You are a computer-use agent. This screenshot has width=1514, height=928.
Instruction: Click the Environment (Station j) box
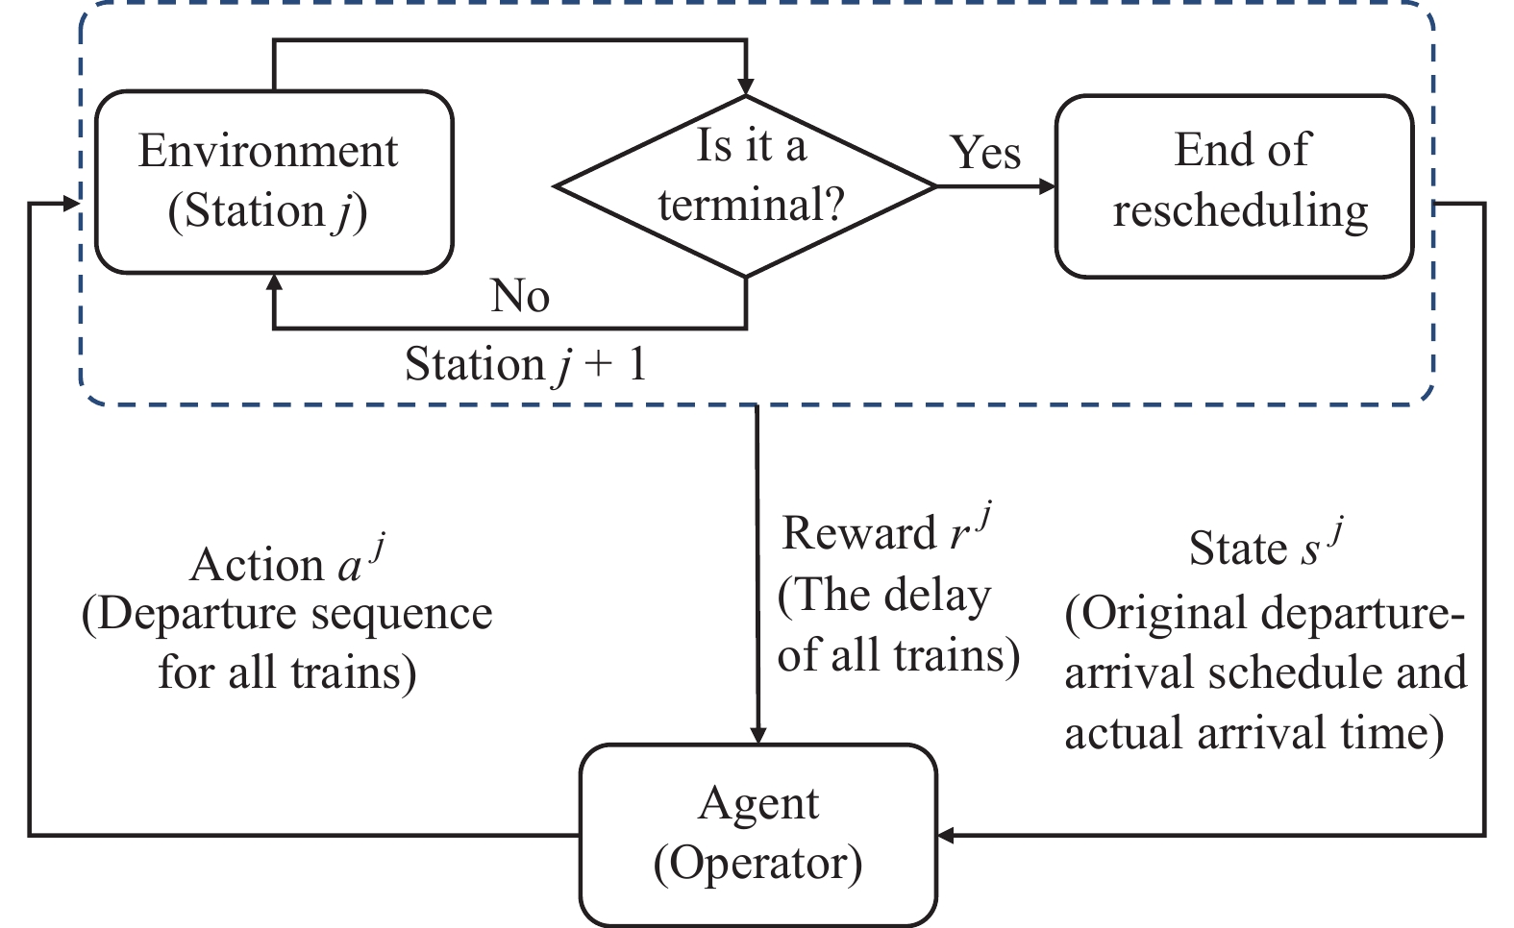(x=273, y=183)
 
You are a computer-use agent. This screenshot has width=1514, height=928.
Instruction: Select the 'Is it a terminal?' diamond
(x=746, y=185)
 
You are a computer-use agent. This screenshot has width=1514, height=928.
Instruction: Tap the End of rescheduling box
(x=1234, y=185)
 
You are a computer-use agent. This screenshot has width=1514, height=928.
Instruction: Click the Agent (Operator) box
(x=757, y=834)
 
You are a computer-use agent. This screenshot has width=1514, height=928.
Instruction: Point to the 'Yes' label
(x=985, y=153)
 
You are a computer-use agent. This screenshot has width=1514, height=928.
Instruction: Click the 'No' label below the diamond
(x=520, y=296)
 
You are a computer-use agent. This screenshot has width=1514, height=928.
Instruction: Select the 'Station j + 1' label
(x=525, y=365)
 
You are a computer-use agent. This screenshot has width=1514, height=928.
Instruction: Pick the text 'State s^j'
(x=1263, y=548)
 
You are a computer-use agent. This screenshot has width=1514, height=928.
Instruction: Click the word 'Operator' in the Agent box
(x=757, y=864)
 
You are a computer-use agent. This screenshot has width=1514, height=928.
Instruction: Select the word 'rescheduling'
(x=1240, y=211)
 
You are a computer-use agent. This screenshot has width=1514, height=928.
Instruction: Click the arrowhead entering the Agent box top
(x=757, y=734)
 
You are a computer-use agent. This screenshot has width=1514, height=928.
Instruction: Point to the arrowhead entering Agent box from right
(x=947, y=835)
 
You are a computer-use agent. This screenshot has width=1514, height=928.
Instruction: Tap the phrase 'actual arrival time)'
(x=1253, y=734)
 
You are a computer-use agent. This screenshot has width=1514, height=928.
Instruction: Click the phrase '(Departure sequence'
(x=286, y=615)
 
